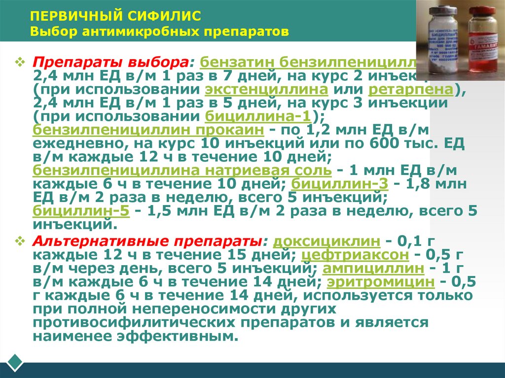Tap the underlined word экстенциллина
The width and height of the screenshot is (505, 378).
coord(267,91)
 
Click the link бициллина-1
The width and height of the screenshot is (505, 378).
coord(257,117)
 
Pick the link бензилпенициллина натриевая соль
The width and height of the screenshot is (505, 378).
coord(182,171)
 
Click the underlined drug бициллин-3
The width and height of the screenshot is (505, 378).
coord(339,184)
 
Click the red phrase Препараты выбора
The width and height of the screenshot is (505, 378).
coord(113,64)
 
